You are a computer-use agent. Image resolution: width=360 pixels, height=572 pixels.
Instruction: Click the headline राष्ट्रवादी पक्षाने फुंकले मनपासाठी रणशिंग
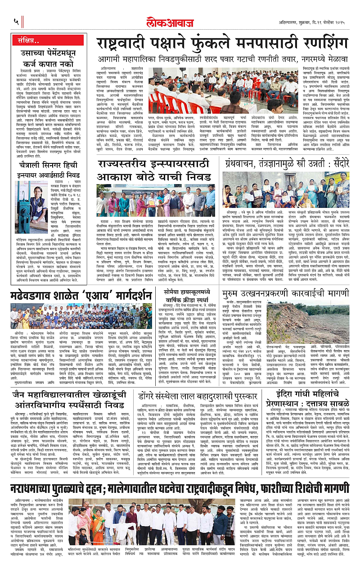point(222,45)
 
